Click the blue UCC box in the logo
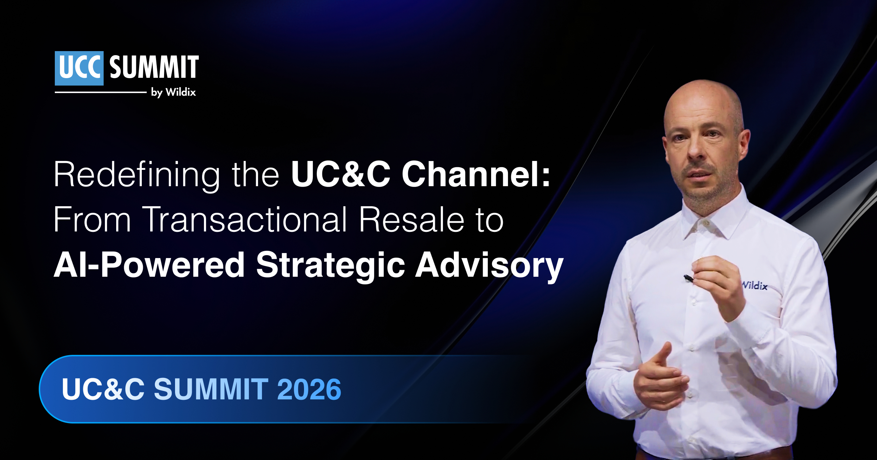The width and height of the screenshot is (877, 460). (x=79, y=68)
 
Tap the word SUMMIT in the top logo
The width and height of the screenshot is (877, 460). (x=154, y=67)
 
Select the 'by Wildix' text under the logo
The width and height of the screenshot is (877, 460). (x=174, y=92)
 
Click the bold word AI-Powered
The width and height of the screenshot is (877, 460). (x=149, y=265)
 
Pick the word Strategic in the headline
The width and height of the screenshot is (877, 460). (x=330, y=266)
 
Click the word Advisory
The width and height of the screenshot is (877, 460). (x=489, y=266)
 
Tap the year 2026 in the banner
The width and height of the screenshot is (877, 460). (x=309, y=389)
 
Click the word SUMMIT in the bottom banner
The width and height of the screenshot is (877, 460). (x=211, y=389)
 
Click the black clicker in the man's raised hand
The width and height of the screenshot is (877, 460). (x=688, y=278)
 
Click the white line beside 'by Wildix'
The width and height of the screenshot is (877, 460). (x=100, y=92)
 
